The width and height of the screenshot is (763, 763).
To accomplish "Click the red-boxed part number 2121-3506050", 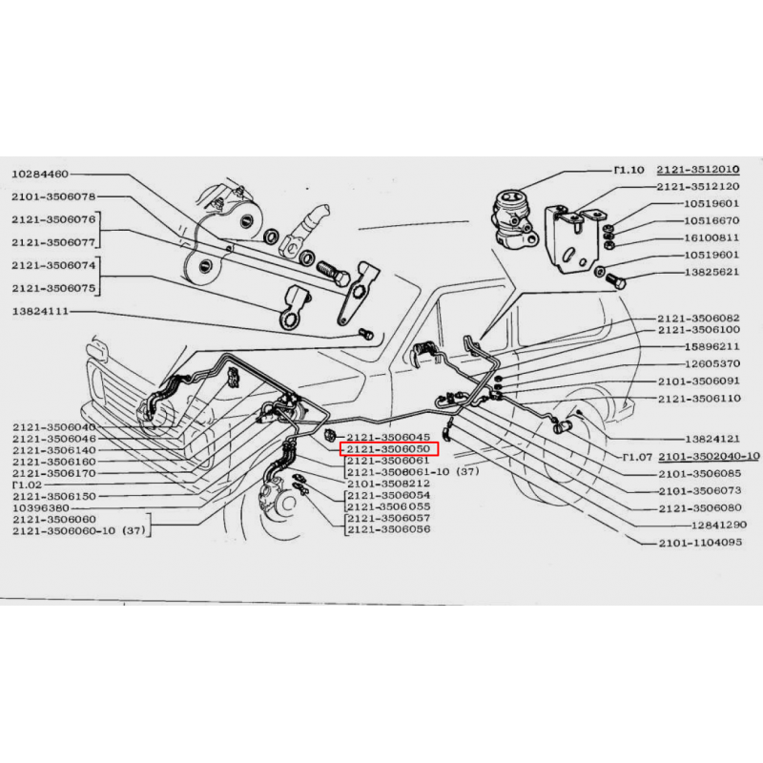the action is (388, 448).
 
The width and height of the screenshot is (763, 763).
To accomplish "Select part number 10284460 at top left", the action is (40, 175).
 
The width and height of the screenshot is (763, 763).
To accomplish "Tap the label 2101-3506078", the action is (53, 196).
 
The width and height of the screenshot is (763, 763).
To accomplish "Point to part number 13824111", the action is (40, 311).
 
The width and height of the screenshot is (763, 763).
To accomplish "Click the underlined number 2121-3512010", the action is (698, 170).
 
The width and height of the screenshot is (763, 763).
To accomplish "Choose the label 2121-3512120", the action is (698, 186).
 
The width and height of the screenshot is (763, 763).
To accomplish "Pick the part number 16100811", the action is (711, 237).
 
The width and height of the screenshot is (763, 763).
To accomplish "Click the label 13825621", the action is (711, 272).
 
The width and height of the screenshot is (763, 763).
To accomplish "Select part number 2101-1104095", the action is (701, 543).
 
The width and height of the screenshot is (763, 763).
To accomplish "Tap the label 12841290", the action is (719, 526).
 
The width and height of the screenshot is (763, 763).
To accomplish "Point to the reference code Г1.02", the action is (28, 485).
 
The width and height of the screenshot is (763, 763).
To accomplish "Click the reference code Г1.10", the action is (629, 171).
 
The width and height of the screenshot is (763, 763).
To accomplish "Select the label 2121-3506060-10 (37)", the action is (79, 531).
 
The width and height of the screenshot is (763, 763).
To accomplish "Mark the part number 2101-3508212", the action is (388, 484).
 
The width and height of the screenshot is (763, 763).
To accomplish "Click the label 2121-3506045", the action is (388, 437).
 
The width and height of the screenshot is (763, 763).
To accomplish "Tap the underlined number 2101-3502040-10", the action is (709, 457).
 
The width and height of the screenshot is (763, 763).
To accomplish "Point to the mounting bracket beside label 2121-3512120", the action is (574, 239).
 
